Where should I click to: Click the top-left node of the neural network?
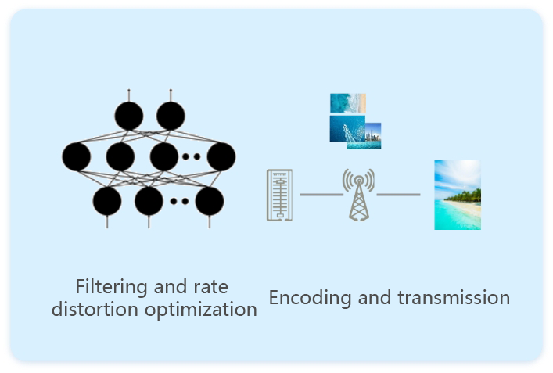coord(129,117)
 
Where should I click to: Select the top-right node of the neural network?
coord(171,117)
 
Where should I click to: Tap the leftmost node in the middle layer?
coord(77,156)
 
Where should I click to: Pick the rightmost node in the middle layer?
coord(221,156)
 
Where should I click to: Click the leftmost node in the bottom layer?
coord(107,201)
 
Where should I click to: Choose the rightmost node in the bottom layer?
coord(210,201)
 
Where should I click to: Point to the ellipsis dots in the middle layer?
coord(191,156)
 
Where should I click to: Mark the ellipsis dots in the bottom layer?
coord(179,201)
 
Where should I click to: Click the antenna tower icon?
coord(358,195)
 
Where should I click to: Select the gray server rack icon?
coord(279,195)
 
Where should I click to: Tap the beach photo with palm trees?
coord(458,195)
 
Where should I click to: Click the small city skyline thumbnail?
coord(371,135)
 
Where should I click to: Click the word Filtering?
coord(106,286)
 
